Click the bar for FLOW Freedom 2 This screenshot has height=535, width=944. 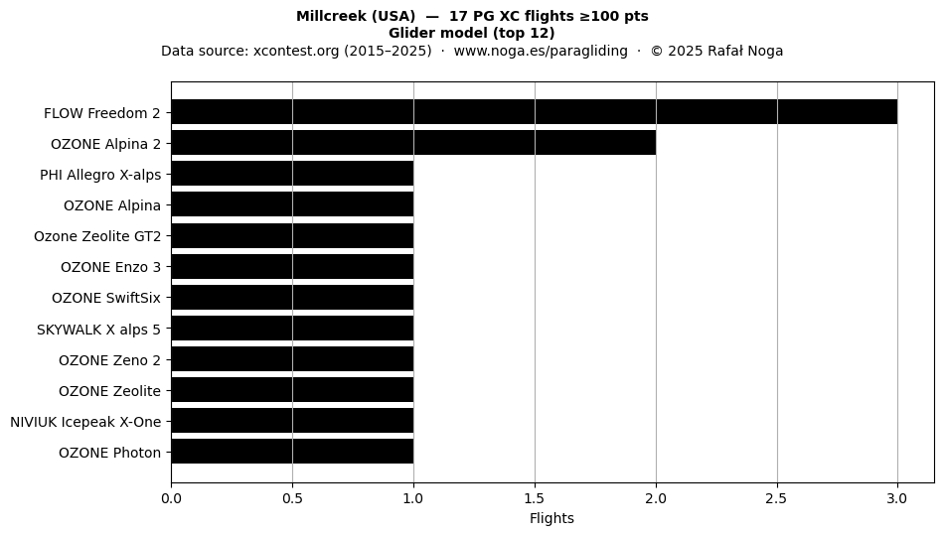[x=535, y=112]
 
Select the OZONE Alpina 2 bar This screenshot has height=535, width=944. [x=413, y=143]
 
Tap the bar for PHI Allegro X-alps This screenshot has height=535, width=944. [x=292, y=174]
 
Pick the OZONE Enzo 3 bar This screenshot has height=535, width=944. [x=292, y=266]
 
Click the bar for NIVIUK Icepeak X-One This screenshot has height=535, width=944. [x=292, y=421]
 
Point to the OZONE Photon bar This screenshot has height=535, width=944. [x=292, y=452]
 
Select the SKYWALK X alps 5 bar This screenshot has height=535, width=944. [x=292, y=329]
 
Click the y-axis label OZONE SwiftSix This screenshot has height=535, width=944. [x=106, y=298]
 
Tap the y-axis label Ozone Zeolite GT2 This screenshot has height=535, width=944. [x=97, y=236]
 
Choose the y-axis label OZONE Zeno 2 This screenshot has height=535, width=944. [x=109, y=360]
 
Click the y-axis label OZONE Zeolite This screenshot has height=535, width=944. [x=109, y=391]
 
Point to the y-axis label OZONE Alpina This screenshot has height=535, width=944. [x=112, y=205]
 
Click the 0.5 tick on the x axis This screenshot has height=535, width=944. [x=292, y=498]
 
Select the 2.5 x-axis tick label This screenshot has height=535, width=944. [x=777, y=498]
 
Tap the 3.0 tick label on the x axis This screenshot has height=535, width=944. [x=897, y=498]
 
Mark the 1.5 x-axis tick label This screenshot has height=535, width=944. [x=535, y=498]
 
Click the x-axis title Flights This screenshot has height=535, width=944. [x=551, y=518]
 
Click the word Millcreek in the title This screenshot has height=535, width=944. [x=326, y=16]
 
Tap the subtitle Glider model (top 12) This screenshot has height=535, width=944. [x=472, y=33]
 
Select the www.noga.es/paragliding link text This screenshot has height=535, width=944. [x=541, y=51]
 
